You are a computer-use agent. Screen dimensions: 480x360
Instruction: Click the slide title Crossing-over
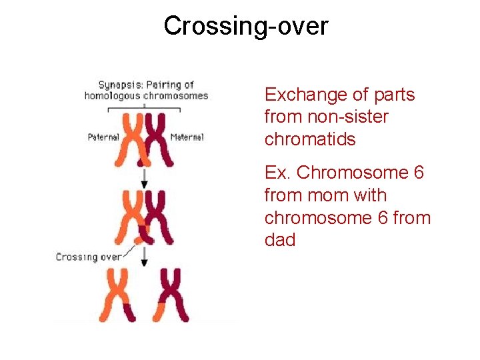[246, 26]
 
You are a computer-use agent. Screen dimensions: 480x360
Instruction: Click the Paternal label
[103, 137]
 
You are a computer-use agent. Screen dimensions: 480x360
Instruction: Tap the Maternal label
[187, 137]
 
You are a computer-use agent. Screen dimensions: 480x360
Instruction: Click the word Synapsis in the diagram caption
[115, 85]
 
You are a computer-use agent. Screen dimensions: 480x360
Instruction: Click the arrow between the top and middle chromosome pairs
[144, 176]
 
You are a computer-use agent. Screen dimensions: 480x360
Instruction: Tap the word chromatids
[310, 139]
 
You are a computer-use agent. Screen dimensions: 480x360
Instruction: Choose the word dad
[280, 240]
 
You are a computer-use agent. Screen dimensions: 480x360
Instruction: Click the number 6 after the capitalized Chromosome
[418, 173]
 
